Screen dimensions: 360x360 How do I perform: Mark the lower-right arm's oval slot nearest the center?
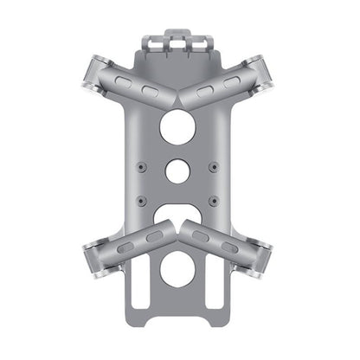click(201, 236)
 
